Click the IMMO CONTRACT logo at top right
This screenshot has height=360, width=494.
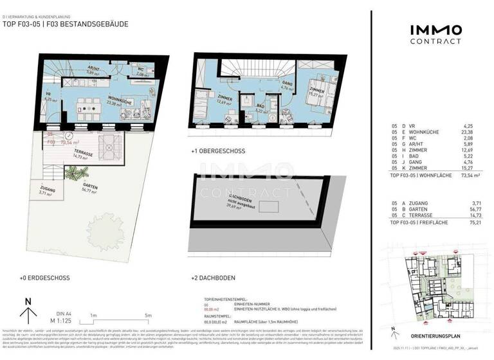[x=435, y=33]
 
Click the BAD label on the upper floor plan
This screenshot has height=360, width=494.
[x=261, y=107]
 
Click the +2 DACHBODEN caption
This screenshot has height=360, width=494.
[x=213, y=278]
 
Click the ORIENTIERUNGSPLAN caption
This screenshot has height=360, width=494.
[x=434, y=336]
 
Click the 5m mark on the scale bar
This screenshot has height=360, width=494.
[x=149, y=316]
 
